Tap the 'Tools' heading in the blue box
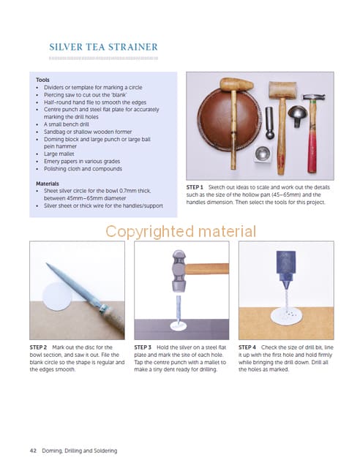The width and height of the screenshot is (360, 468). point(42,80)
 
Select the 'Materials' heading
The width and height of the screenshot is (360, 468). point(48,184)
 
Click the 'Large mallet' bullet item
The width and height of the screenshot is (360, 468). point(59,154)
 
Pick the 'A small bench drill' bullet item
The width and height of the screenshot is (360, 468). point(67,124)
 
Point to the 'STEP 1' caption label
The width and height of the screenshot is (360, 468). point(195,187)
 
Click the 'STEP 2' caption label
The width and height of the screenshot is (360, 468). point(38,347)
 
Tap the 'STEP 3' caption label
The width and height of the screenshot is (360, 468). point(143,347)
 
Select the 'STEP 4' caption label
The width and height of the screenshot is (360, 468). point(247,347)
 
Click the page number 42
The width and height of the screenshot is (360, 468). point(33,450)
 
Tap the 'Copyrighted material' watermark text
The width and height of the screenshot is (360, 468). point(181,232)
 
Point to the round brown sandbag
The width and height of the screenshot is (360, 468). point(228,119)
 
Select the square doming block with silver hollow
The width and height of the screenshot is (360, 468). point(263,154)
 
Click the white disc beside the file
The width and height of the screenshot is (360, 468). point(57,296)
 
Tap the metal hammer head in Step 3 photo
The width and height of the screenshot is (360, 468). point(179,271)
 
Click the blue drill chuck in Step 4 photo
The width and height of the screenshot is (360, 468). point(286,265)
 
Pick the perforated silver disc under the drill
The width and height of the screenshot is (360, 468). point(286,317)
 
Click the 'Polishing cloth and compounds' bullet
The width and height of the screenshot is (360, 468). point(83,169)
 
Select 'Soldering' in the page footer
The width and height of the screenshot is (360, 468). point(105,450)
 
